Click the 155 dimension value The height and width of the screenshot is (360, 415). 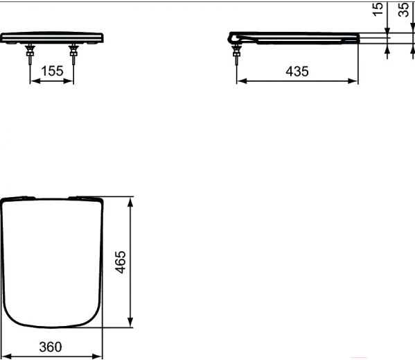point(52,71)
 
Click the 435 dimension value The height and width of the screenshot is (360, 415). point(297,71)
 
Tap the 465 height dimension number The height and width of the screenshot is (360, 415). point(121,262)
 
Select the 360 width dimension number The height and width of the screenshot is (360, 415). point(51,347)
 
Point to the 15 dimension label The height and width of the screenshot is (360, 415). point(378,9)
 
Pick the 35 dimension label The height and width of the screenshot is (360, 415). point(404,10)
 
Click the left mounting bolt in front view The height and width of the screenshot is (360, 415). point(30,54)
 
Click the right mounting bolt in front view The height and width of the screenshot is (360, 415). point(73,54)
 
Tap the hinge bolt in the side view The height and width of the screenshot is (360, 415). point(236,54)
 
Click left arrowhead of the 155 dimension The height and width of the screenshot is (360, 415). point(34,81)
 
